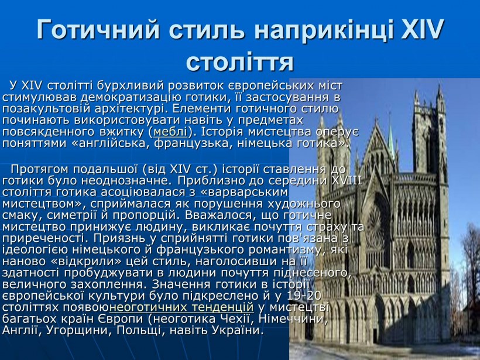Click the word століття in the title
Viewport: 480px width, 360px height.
(x=239, y=60)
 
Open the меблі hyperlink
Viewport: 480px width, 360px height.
(x=170, y=131)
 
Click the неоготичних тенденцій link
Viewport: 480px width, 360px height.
(x=181, y=307)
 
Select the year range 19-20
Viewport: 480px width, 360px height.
(x=305, y=296)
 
